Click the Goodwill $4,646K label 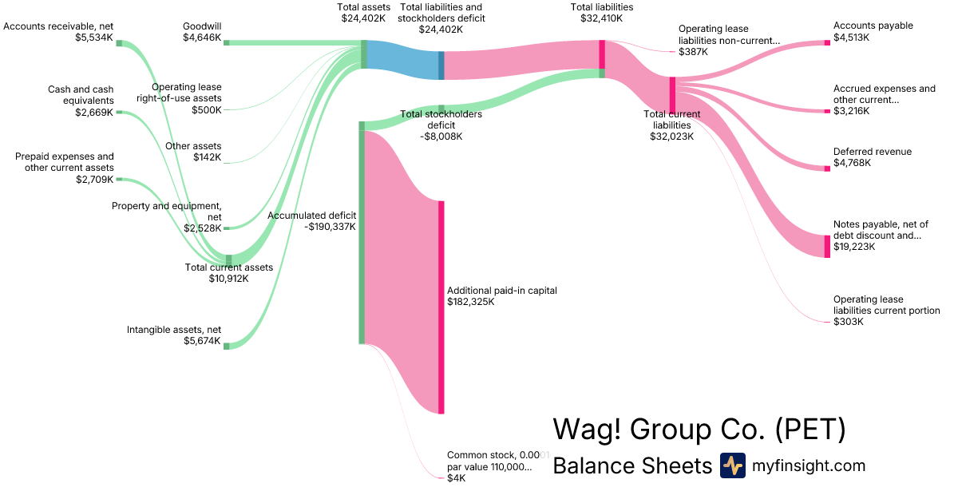[x=201, y=31]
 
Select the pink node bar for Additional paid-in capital [x=441, y=307]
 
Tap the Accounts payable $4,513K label [x=861, y=31]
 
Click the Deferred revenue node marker [x=827, y=168]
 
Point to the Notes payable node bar [x=827, y=246]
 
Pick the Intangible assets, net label [x=174, y=335]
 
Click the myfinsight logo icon [x=732, y=465]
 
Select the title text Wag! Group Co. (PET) [x=699, y=430]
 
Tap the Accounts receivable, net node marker [x=119, y=43]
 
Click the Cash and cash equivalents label [x=80, y=95]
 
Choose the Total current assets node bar [x=228, y=260]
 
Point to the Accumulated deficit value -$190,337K [x=330, y=227]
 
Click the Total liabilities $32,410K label [x=602, y=13]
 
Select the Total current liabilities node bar [x=672, y=95]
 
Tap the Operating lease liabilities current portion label [x=886, y=311]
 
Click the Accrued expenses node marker [x=827, y=111]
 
